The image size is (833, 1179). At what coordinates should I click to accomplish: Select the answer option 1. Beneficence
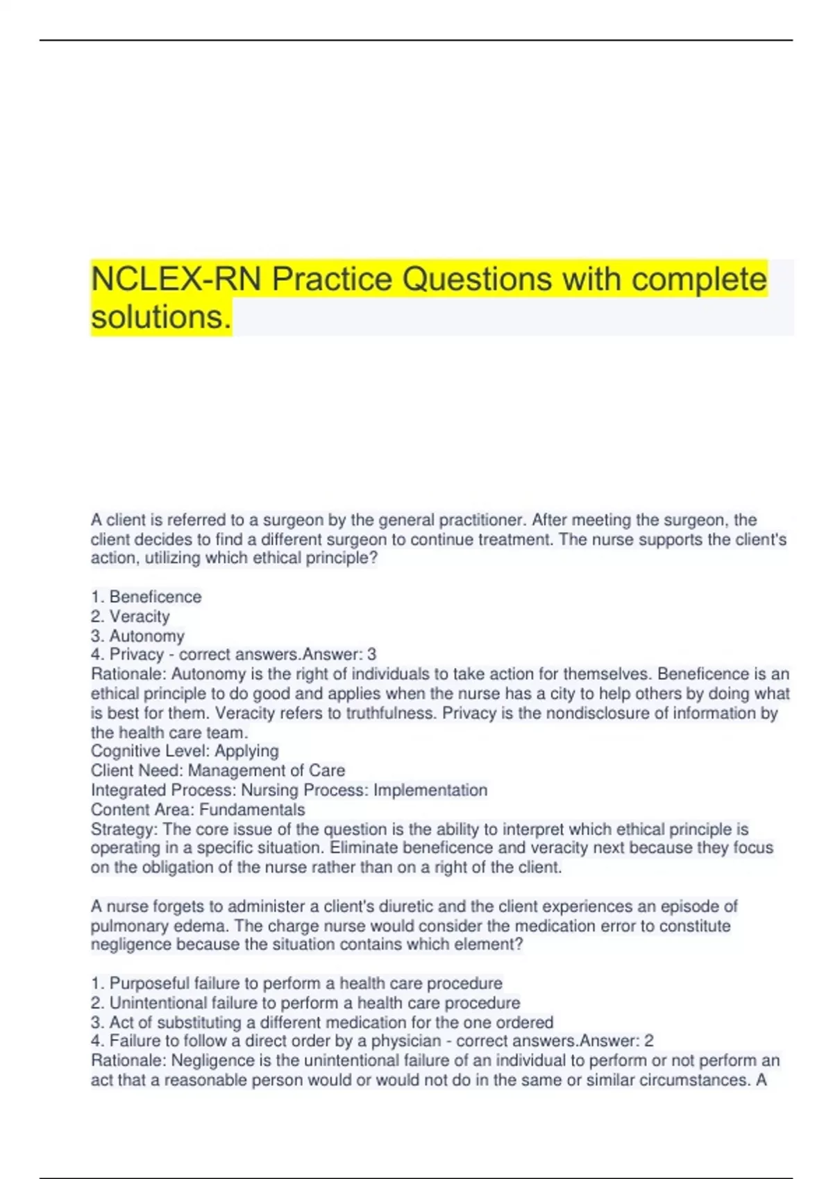pos(146,596)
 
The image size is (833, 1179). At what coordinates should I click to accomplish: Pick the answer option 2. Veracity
pos(131,616)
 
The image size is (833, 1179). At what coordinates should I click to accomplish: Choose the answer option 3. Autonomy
pos(138,635)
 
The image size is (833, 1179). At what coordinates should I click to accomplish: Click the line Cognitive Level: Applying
pos(185,751)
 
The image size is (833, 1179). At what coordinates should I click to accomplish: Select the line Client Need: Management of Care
pos(218,771)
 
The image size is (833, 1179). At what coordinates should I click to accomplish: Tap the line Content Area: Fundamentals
pos(198,809)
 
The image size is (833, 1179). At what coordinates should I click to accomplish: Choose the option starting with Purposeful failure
pos(297,983)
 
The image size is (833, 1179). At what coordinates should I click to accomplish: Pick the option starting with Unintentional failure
pos(306,1003)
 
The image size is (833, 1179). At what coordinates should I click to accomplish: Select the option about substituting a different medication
pos(322,1022)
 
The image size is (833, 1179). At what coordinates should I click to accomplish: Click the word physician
pos(406,1041)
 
